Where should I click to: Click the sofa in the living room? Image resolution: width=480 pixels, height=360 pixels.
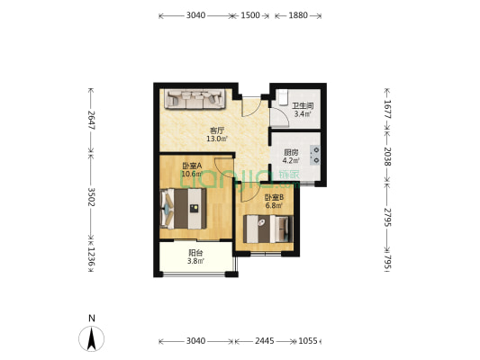195,99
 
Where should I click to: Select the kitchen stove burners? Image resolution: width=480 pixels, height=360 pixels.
315,155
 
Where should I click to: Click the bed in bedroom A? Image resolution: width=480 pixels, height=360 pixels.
183,208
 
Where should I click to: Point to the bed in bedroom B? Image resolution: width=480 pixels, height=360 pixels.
268,229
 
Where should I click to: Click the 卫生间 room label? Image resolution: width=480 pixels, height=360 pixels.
303,106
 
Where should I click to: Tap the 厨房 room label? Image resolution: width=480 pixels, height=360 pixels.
291,152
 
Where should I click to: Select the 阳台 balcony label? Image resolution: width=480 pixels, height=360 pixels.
195,253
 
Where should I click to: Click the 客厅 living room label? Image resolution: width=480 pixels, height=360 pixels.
217,130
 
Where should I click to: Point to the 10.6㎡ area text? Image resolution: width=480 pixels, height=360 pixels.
192,174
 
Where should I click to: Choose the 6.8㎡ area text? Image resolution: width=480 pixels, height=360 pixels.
274,205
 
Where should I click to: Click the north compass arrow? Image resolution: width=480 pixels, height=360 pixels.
91,338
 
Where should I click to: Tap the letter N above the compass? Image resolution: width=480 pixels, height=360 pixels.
92,319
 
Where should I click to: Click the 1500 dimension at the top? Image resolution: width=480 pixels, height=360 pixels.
250,15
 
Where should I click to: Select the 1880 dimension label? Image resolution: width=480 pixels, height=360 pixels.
298,15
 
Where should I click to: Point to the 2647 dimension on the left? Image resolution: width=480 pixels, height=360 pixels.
91,120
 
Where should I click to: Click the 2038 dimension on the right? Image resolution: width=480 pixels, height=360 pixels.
387,157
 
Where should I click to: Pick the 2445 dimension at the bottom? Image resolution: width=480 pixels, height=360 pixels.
265,341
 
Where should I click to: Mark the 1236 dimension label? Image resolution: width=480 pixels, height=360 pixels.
91,256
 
